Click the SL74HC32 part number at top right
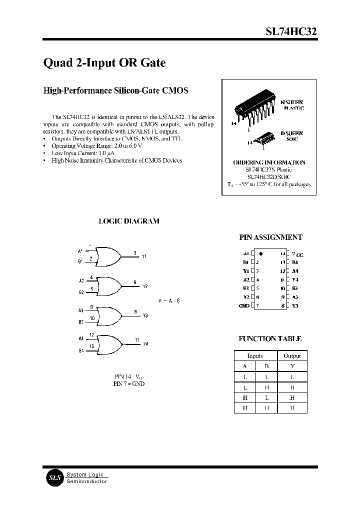[290, 31]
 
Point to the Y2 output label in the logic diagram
[145, 286]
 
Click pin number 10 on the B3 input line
[92, 318]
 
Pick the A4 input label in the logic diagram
[81, 338]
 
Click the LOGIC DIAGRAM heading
[129, 220]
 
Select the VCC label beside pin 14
[297, 254]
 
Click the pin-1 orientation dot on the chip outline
[261, 253]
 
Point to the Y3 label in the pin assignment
[295, 305]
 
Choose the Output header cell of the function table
[292, 356]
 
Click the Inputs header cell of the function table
[255, 356]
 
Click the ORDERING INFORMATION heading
[269, 162]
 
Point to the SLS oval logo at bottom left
[53, 477]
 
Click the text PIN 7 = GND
[129, 384]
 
